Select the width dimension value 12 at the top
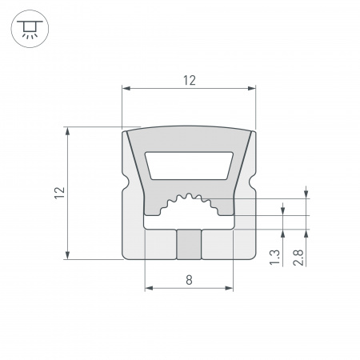click(189, 80)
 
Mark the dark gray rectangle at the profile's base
click(188, 244)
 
